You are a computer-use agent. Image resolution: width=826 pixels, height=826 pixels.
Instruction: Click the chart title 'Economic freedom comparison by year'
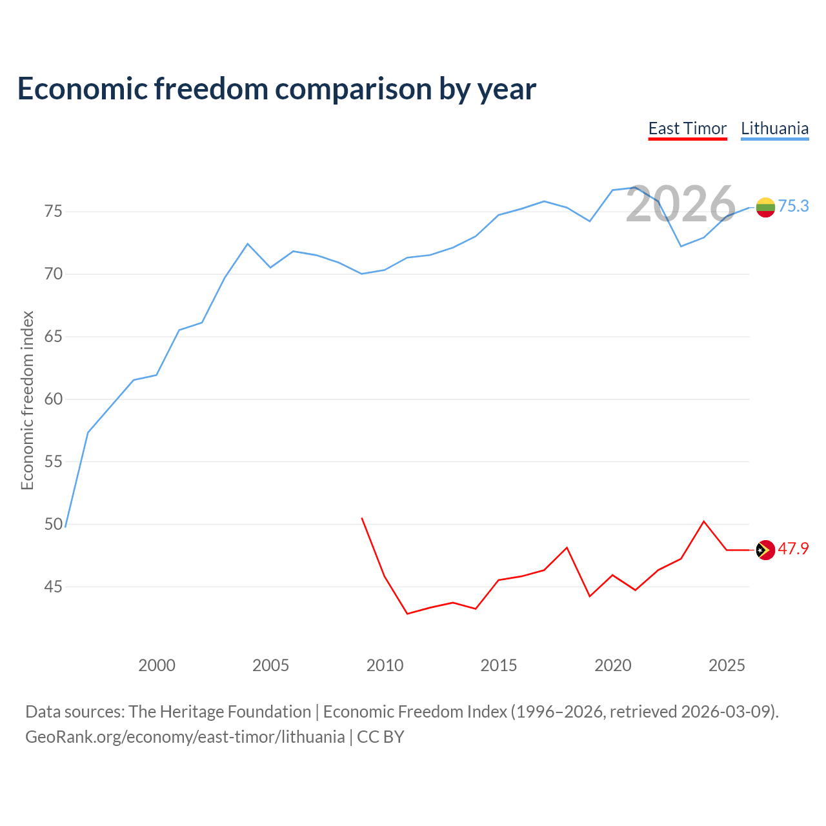tap(276, 89)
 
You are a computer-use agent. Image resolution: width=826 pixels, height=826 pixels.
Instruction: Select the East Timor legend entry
tap(687, 128)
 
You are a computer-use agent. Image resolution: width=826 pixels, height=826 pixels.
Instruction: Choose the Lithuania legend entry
tap(774, 128)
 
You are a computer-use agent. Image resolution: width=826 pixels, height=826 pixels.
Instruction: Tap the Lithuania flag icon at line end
tap(765, 207)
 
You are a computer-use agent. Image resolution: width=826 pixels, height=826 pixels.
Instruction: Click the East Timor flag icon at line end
tap(765, 550)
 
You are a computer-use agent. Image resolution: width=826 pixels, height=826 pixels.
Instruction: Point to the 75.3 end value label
tap(794, 206)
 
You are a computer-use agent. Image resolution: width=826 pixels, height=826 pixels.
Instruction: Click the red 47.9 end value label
tap(794, 549)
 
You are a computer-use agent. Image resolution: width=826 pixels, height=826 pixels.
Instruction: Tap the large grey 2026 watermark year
tap(681, 204)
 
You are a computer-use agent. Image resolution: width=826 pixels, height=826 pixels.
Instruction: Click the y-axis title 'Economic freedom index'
tap(28, 400)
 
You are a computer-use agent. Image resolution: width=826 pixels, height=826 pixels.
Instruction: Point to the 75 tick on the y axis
tap(53, 211)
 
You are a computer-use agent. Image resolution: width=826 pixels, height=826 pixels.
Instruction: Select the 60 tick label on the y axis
tap(53, 399)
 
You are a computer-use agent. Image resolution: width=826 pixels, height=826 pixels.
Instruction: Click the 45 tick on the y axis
tap(53, 587)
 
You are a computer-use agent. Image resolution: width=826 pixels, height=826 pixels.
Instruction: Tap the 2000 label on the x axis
tap(156, 665)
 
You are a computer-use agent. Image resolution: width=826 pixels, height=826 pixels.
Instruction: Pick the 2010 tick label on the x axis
tap(385, 665)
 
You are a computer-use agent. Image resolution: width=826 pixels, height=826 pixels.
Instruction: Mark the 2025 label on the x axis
tap(727, 665)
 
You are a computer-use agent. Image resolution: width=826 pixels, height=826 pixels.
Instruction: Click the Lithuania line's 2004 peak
tap(247, 244)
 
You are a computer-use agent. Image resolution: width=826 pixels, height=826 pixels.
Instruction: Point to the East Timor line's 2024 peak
tap(704, 521)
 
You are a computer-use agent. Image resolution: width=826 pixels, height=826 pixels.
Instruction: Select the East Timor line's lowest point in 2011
tap(407, 614)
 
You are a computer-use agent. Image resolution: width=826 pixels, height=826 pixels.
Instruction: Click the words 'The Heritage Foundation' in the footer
tap(220, 712)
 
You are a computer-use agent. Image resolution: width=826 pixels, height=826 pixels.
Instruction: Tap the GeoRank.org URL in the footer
tap(185, 737)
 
